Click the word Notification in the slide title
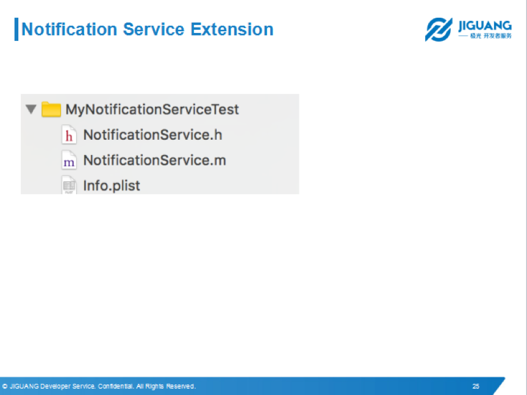tap(70, 29)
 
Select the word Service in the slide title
tap(154, 29)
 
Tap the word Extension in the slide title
tap(232, 29)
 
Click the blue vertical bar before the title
tap(16, 29)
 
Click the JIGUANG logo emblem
tap(439, 29)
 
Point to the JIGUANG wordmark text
tap(485, 26)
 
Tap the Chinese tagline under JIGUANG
tap(490, 35)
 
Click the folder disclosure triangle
tap(31, 109)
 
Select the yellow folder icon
tap(51, 109)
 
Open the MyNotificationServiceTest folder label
tap(152, 110)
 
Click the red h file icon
tap(69, 134)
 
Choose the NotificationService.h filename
tap(152, 135)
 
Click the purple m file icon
tap(69, 160)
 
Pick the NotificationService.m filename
tap(154, 160)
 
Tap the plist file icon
tap(69, 185)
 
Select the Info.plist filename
tap(112, 186)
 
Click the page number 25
tap(476, 386)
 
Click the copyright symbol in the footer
tap(5, 386)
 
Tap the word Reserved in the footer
tap(181, 386)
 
